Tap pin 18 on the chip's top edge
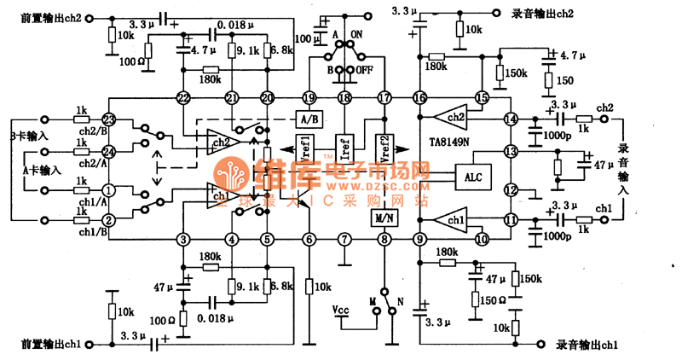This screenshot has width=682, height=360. pyautogui.click(x=344, y=98)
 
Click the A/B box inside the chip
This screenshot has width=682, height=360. pyautogui.click(x=308, y=119)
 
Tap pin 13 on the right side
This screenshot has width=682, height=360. pyautogui.click(x=511, y=152)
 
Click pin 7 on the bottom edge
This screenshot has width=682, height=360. pyautogui.click(x=344, y=240)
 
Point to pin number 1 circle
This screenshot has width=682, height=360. pyautogui.click(x=108, y=189)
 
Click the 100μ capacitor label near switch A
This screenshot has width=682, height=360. pyautogui.click(x=303, y=38)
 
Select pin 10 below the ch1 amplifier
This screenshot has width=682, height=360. pyautogui.click(x=482, y=240)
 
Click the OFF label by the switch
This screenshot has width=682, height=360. pyautogui.click(x=364, y=69)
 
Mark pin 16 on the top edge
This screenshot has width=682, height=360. pyautogui.click(x=419, y=98)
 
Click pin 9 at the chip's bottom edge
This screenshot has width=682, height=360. pyautogui.click(x=419, y=240)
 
